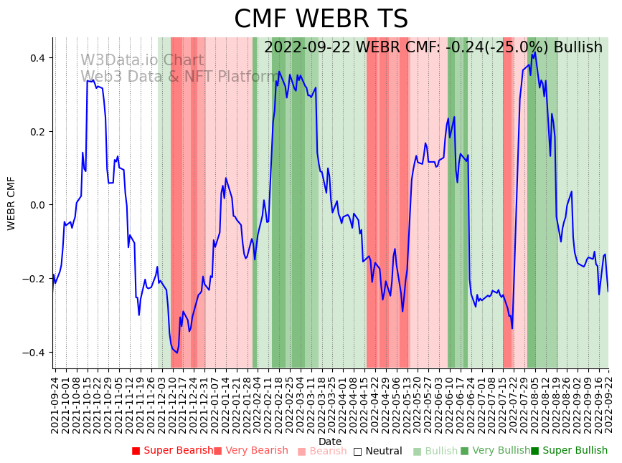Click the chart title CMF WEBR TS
[x=321, y=19]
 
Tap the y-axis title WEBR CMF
[x=11, y=204]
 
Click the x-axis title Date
[x=330, y=441]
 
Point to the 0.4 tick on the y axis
[x=37, y=58]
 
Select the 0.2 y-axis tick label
[x=37, y=132]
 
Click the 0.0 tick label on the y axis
[x=37, y=206]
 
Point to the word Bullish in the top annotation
[x=574, y=48]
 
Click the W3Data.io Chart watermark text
[x=142, y=61]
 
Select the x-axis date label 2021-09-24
[x=55, y=405]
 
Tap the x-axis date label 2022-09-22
[x=609, y=405]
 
